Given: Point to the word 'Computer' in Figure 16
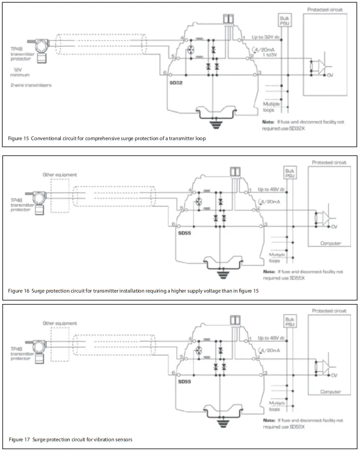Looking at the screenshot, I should tap(330, 244).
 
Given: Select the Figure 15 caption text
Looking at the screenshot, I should tap(107, 138).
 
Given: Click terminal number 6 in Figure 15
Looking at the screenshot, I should tap(165, 73).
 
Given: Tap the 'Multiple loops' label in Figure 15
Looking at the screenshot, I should tap(271, 106).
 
